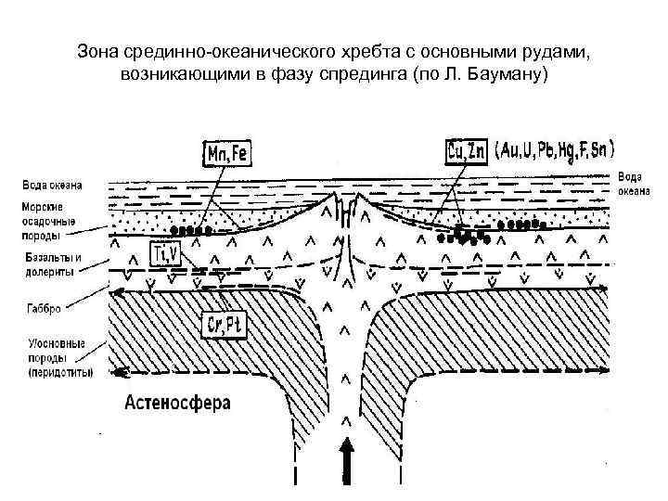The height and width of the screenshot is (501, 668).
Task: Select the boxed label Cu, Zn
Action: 466,150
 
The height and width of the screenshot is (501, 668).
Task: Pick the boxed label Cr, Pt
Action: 223,324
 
